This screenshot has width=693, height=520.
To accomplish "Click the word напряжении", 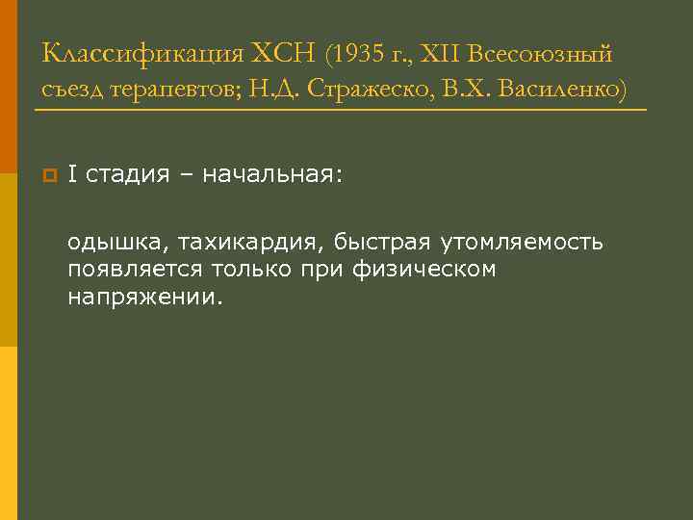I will [x=144, y=297].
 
